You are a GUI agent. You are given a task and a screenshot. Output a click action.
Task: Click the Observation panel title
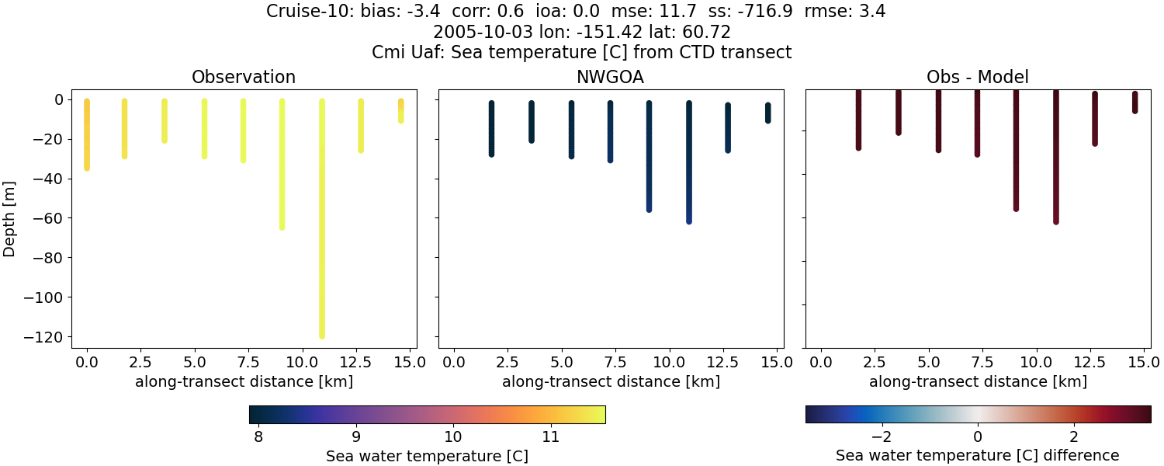tap(244, 77)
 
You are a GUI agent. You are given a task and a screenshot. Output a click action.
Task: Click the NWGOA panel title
tap(611, 77)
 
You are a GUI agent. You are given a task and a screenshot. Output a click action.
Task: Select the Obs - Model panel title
tap(977, 77)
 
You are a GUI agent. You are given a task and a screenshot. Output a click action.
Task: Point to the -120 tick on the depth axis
tap(46, 336)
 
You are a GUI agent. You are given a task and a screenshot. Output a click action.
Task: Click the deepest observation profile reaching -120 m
tap(321, 233)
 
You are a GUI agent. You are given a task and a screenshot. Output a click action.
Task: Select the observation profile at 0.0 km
tap(87, 136)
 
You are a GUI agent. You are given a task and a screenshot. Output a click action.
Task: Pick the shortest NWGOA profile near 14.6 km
tap(767, 113)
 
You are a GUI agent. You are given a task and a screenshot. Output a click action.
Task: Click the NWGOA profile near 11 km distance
tap(688, 163)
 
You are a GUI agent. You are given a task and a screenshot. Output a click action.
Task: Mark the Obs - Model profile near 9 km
tap(1016, 155)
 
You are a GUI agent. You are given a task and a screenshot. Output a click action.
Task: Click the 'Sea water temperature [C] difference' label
tap(977, 456)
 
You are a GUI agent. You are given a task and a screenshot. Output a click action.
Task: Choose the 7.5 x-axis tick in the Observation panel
tap(244, 362)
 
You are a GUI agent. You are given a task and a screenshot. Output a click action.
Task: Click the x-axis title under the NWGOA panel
tap(611, 381)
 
